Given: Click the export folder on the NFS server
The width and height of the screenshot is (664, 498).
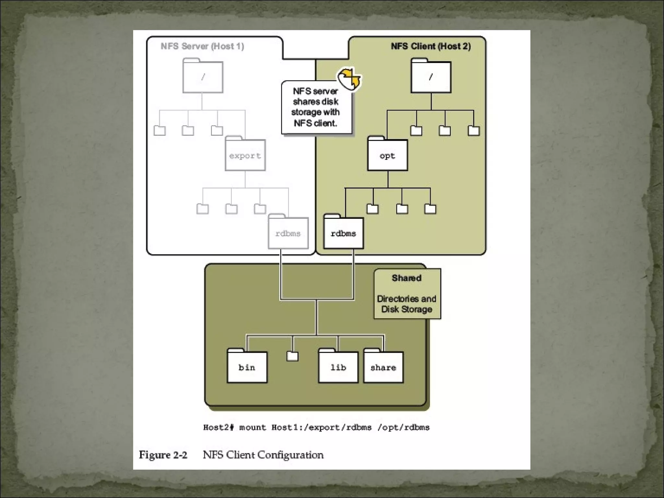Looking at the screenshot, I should coord(245,155).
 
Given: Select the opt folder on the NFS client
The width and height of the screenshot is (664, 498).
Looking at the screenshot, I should coord(387,155).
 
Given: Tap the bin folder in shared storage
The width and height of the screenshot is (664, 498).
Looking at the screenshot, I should coord(247,367).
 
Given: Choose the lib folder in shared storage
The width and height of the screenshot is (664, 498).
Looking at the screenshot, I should coord(338,367).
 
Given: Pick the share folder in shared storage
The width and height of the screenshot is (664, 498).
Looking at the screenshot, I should coord(383,367).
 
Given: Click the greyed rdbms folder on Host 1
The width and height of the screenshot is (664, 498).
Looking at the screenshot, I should coord(288,233).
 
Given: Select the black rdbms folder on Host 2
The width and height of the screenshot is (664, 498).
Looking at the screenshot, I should coord(343,233).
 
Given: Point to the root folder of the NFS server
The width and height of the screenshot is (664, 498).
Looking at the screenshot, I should coord(203,77).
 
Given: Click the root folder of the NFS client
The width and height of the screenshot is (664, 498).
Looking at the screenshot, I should coord(431,77).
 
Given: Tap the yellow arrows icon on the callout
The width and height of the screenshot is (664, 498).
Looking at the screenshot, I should coord(349,78).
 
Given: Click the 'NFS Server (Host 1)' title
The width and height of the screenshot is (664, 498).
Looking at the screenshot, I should coord(202,46).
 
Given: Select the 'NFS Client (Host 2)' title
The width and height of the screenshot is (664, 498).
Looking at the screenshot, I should coord(431,46).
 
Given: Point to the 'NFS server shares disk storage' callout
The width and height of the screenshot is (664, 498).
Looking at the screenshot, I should coord(315,107).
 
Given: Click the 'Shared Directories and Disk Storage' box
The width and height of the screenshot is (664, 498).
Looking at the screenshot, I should coord(407,294).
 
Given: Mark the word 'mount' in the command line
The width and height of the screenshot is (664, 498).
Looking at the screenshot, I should coord(252,427).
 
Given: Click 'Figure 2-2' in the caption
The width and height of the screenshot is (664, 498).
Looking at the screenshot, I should coord(163,455).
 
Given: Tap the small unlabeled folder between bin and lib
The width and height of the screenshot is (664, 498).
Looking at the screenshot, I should coord(292,356).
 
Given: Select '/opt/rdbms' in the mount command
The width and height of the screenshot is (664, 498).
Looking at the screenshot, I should coord(403,427).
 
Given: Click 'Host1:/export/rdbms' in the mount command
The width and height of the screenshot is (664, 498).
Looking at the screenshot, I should coord(321,427).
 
